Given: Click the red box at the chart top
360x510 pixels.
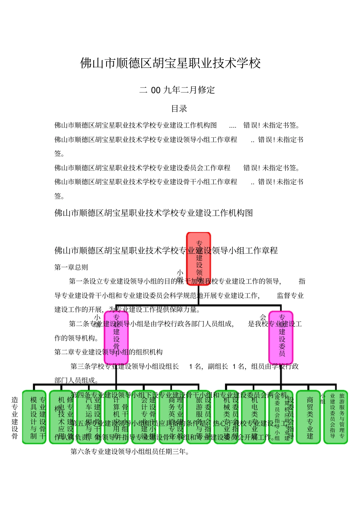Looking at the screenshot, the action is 199,259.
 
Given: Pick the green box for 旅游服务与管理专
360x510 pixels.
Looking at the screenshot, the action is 336,417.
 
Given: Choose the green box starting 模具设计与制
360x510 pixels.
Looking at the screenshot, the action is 34,417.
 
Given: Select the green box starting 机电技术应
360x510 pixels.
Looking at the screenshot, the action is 62,417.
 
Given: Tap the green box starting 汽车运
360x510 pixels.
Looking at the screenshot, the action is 89,417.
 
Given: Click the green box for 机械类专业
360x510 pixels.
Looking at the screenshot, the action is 226,417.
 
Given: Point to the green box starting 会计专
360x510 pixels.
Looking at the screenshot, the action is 144,417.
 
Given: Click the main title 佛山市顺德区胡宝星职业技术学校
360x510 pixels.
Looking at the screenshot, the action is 171,63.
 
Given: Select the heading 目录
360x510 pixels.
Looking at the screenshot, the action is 179,109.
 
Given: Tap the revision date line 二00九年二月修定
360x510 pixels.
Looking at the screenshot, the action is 177,90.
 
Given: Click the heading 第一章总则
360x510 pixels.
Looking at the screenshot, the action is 71,267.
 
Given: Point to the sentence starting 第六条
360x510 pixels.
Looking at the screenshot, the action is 130,452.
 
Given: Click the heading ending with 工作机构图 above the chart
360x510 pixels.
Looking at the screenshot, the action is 153,213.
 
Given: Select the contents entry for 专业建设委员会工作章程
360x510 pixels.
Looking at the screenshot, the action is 142,168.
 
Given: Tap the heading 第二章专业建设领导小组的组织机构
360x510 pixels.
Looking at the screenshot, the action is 108,352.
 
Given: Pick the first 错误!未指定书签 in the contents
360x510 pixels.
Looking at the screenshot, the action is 272,126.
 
